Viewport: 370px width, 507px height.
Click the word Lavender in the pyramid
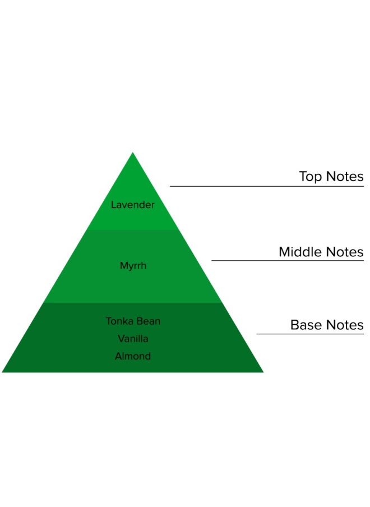(132, 205)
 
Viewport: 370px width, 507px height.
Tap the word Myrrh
(133, 266)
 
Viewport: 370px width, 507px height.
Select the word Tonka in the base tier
(118, 321)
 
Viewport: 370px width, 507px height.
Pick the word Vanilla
(133, 339)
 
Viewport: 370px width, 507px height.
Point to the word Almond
(133, 356)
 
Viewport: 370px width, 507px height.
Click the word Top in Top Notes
(309, 177)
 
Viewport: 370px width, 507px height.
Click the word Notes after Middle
(344, 252)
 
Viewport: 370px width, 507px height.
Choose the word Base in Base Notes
(306, 325)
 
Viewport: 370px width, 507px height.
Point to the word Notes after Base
(344, 325)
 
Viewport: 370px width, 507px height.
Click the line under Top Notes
(266, 186)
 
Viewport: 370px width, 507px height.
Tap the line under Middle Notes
(287, 261)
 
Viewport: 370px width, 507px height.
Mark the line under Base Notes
(310, 334)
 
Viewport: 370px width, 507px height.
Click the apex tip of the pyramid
(133, 153)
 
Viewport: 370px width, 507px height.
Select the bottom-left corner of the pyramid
(3, 371)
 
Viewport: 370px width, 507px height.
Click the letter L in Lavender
(113, 205)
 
